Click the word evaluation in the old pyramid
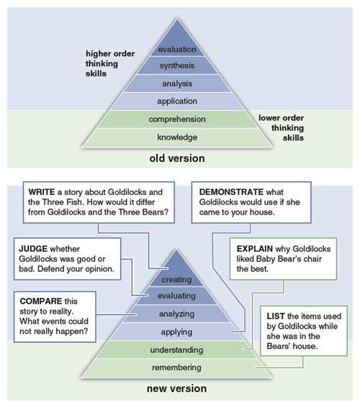point(177,49)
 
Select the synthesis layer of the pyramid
point(177,65)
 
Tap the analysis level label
point(177,83)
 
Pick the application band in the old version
point(177,101)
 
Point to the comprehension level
point(177,119)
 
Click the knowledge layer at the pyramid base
point(177,137)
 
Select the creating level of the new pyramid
point(176,279)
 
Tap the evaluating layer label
point(176,296)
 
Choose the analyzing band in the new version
point(176,314)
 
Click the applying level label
point(176,332)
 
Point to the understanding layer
point(176,350)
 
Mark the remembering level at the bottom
point(176,368)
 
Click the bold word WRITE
point(42,192)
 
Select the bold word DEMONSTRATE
point(231,192)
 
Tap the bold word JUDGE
point(33,249)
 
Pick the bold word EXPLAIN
point(255,249)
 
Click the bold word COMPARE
point(41,301)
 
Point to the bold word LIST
point(276,316)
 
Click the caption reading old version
point(177,158)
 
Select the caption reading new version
point(176,389)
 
